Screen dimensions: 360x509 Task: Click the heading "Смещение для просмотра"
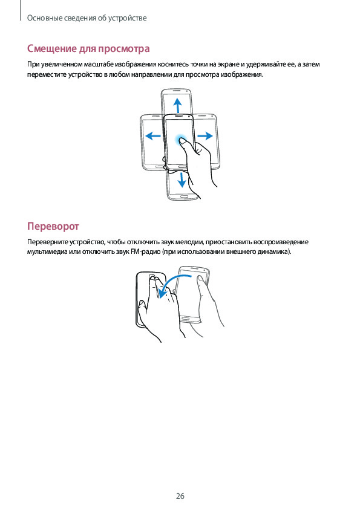click(88, 49)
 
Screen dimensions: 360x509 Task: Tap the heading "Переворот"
click(53, 226)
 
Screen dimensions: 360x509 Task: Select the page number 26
click(180, 496)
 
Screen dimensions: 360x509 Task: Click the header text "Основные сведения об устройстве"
click(87, 18)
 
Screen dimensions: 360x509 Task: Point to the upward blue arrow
click(177, 105)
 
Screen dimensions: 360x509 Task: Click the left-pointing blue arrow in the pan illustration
click(153, 135)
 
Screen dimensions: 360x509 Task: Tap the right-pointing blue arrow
click(205, 135)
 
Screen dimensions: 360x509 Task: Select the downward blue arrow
click(182, 179)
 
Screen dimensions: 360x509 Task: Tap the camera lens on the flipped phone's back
click(152, 277)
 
